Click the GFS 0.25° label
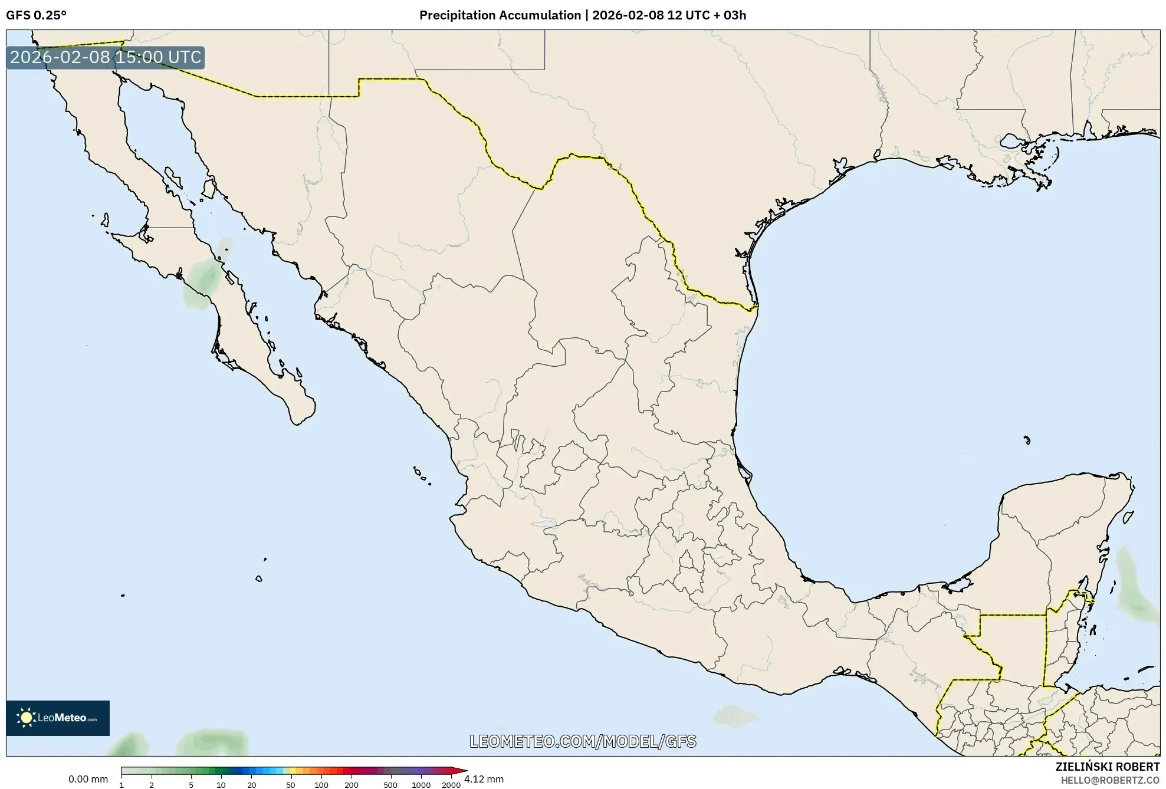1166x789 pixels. coord(36,15)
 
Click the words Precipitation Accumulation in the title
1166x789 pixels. coord(500,15)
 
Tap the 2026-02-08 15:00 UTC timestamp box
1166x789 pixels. coord(106,57)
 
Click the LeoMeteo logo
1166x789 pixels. coord(58,718)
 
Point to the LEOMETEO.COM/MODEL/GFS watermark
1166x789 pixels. coord(583,741)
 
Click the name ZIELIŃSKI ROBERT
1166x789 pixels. coord(1107,767)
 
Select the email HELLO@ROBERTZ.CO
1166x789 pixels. coord(1110,780)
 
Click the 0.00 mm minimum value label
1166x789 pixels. coord(88,779)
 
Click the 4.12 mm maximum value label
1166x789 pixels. coord(484,779)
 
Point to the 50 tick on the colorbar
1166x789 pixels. coord(290,785)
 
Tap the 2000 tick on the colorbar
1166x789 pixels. coord(451,785)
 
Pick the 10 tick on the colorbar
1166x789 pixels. coord(221,785)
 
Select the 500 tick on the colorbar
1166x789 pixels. coord(390,785)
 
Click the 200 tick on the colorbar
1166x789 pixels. coord(351,785)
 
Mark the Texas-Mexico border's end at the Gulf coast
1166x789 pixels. coord(757,305)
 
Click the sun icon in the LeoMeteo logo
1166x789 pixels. coord(26,718)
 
